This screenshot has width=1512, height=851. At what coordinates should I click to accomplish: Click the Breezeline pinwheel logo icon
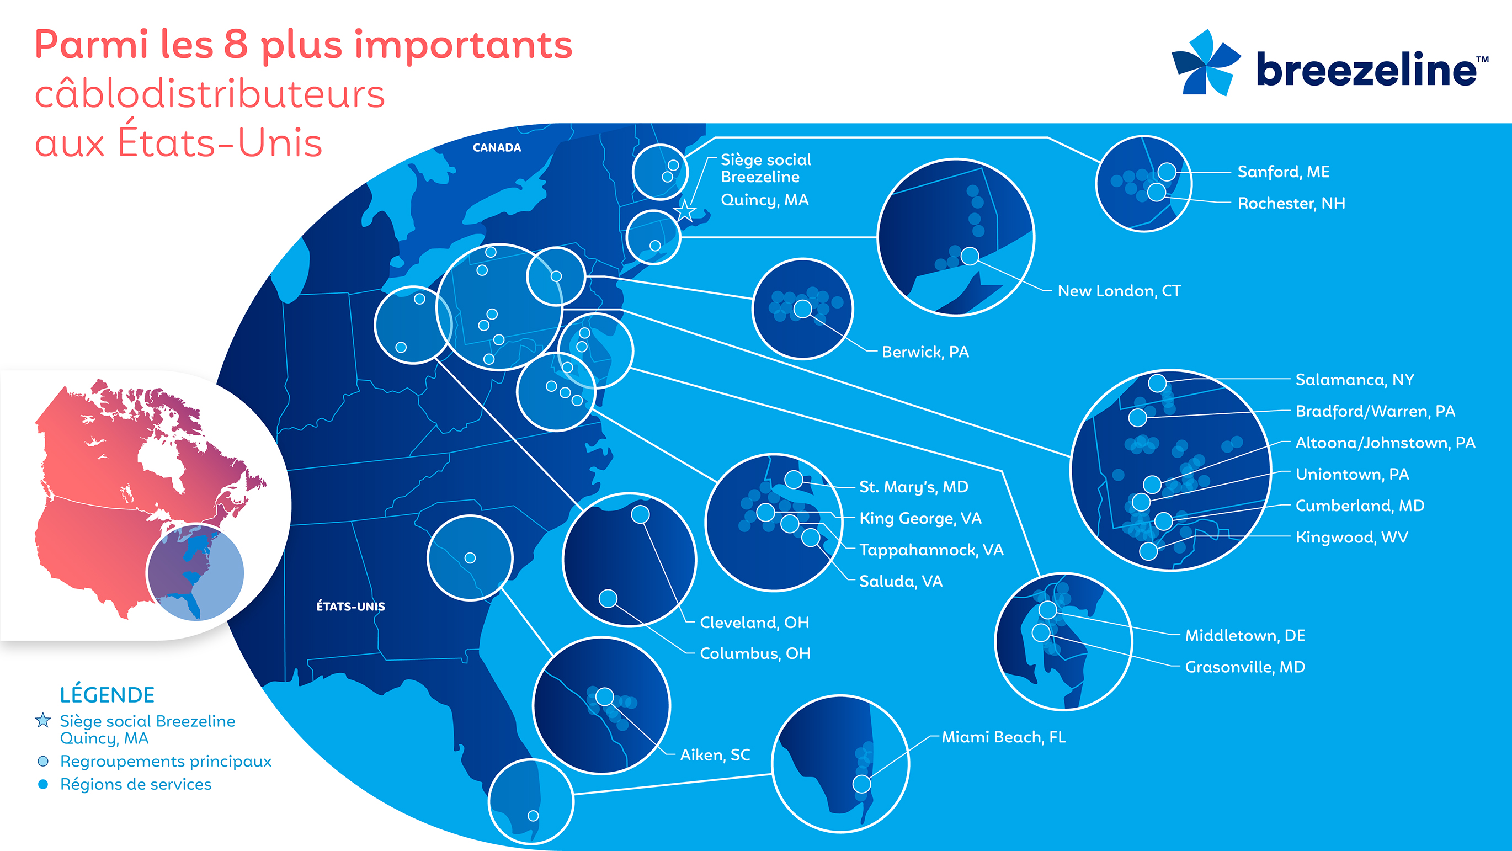[1206, 62]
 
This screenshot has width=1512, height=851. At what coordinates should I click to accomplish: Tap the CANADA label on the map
[497, 148]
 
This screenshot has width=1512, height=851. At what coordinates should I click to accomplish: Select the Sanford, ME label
[1283, 172]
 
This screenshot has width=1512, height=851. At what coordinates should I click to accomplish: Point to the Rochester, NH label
[1291, 203]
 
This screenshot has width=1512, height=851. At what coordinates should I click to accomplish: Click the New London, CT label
[1119, 291]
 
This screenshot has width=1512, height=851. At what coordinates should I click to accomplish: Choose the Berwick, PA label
[925, 352]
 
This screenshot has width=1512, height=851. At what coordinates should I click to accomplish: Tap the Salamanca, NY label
[1355, 380]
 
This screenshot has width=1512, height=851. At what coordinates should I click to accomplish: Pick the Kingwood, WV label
[1351, 537]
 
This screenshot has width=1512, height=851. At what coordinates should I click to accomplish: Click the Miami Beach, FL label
[1004, 737]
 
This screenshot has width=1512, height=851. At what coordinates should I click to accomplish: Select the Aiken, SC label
[715, 755]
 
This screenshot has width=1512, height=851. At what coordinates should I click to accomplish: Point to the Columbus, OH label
[755, 654]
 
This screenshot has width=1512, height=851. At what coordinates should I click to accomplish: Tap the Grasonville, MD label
[1245, 667]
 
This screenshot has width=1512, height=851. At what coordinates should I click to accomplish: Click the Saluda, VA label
[901, 582]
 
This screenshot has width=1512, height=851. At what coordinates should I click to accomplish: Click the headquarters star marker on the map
[684, 210]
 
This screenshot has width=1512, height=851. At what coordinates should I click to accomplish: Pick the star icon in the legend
[43, 720]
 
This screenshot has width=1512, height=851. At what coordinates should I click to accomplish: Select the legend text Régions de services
[136, 784]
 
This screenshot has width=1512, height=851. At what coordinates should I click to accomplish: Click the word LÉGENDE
[107, 695]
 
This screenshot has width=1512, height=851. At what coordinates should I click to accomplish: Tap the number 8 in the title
[236, 45]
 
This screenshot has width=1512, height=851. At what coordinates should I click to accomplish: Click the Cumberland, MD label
[1359, 506]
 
